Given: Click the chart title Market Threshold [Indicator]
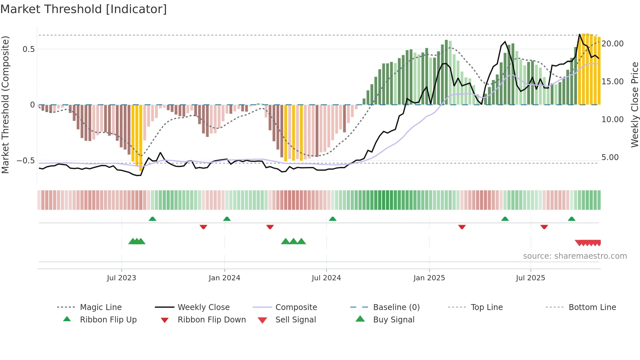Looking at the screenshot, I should pyautogui.click(x=84, y=9).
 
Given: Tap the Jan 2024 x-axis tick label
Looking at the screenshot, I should pyautogui.click(x=224, y=278).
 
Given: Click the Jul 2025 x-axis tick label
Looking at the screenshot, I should pyautogui.click(x=530, y=278).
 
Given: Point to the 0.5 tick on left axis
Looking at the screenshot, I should pyautogui.click(x=28, y=49).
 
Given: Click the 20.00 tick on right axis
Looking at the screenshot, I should pyautogui.click(x=612, y=44).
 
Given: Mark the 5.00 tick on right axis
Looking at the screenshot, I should pyautogui.click(x=610, y=157).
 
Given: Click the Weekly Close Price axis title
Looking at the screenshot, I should pyautogui.click(x=634, y=105).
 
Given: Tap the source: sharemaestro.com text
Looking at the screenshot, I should pyautogui.click(x=575, y=256).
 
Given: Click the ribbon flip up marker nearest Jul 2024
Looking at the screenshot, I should pyautogui.click(x=332, y=219).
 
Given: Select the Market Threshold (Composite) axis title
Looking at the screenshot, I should pyautogui.click(x=5, y=105).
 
